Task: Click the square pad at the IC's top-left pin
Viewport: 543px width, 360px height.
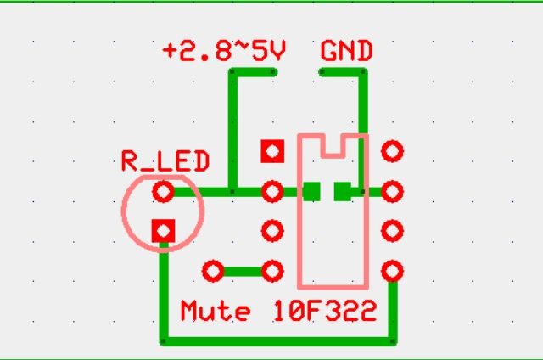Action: [272, 152]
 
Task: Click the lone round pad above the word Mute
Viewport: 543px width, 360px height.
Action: [212, 272]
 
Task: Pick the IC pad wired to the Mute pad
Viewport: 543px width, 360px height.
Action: [272, 272]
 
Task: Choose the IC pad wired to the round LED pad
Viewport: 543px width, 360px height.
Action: [272, 192]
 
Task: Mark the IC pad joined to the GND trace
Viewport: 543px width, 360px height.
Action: [391, 192]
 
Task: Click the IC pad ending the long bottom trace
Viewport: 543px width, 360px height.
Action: [391, 272]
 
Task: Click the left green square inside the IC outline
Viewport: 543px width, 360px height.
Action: [311, 192]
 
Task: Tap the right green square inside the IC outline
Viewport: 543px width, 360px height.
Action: [343, 192]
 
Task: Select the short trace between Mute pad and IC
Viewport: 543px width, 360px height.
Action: [243, 272]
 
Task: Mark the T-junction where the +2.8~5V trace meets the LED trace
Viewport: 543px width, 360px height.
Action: [232, 192]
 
